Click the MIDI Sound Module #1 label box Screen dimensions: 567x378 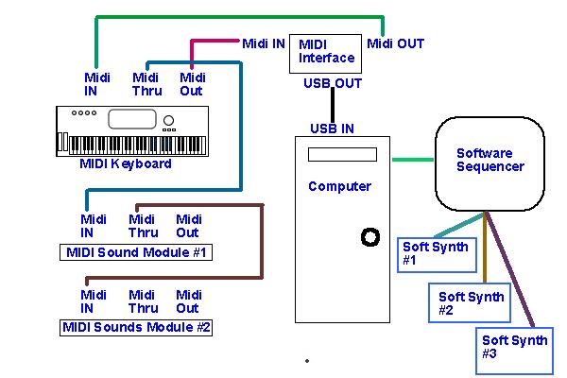136,252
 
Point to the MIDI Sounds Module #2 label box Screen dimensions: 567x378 136,327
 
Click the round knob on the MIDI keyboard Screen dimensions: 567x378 168,120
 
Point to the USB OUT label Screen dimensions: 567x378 333,83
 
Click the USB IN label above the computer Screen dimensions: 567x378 332,129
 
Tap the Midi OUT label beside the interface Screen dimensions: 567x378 395,43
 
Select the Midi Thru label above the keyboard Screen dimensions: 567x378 146,84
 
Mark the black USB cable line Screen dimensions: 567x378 333,105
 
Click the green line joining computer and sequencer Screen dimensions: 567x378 413,159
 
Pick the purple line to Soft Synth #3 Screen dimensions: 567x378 510,269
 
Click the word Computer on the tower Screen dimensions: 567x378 339,186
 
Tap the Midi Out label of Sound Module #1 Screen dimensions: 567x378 188,226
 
